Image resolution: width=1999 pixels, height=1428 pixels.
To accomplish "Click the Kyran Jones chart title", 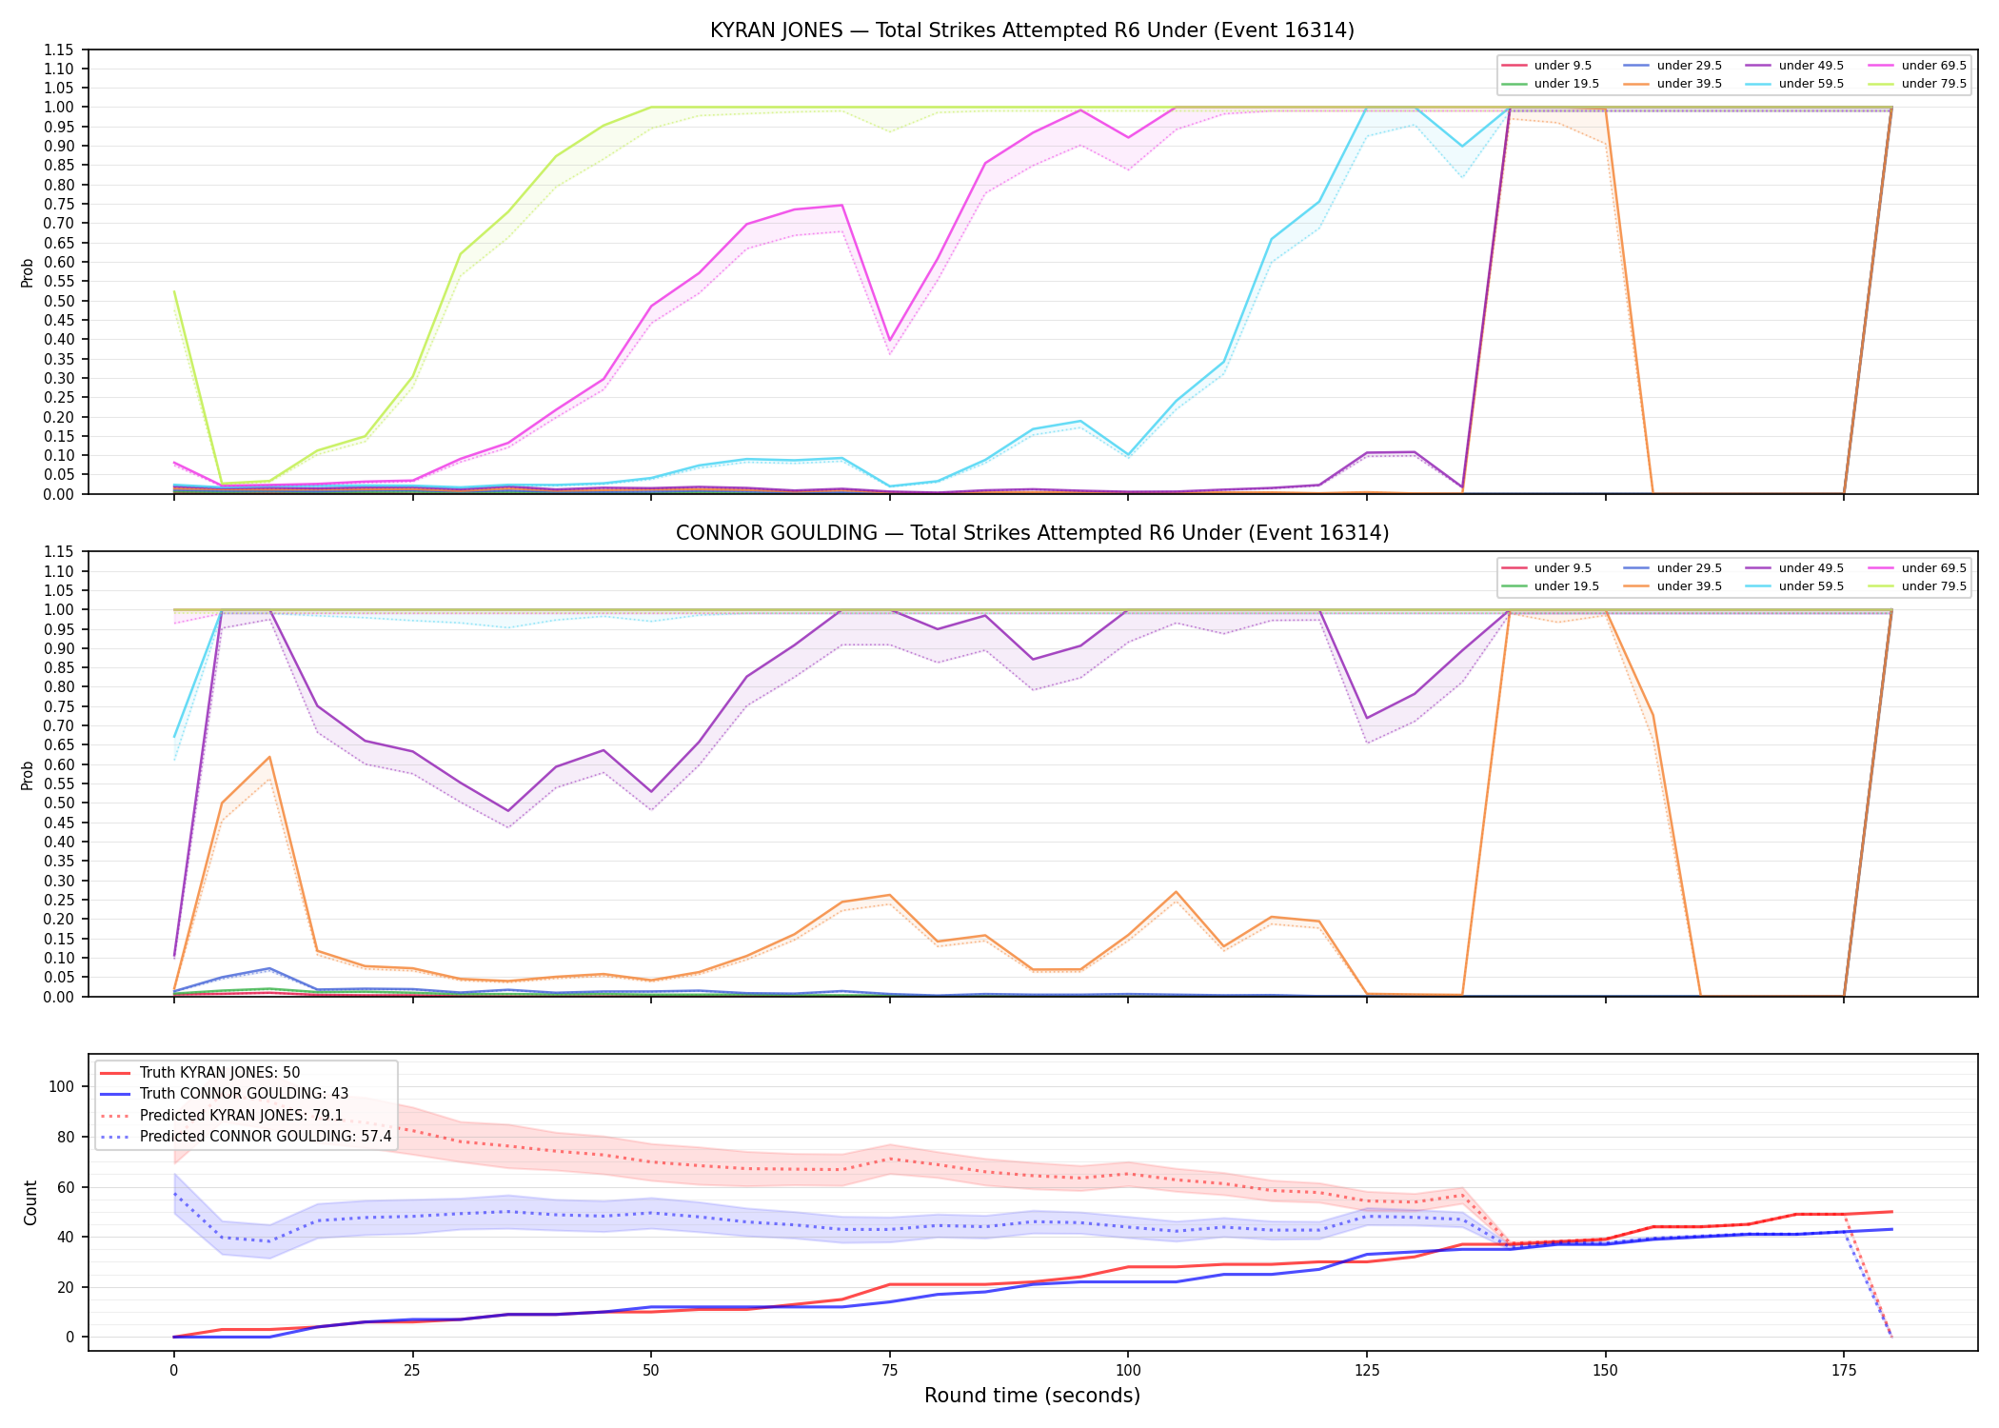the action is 1032,30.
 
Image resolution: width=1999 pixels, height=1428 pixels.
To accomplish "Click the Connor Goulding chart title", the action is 1032,533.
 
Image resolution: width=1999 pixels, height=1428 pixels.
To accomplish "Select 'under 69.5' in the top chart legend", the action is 1933,66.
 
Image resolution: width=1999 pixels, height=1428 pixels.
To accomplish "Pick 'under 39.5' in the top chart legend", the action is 1689,84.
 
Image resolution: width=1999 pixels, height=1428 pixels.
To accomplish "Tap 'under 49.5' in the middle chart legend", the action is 1811,568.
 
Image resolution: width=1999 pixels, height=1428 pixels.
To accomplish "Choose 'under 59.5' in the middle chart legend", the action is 1811,586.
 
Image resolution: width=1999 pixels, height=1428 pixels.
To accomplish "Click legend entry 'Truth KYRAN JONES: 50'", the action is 219,1073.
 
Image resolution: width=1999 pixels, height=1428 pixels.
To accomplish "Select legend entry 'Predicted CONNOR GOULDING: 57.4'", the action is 266,1137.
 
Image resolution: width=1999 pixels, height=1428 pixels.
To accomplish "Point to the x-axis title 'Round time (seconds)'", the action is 1032,1396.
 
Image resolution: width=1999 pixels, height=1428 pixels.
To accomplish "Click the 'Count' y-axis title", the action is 30,1202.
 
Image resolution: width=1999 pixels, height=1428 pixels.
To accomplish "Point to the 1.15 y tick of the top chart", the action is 59,50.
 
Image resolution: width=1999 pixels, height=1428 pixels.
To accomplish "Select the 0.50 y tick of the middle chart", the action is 59,803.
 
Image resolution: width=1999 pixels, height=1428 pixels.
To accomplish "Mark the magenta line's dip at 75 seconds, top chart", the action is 889,341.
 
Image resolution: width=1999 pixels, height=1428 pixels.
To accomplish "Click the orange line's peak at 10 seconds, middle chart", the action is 269,757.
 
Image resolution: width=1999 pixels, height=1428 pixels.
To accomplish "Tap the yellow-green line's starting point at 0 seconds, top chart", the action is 174,291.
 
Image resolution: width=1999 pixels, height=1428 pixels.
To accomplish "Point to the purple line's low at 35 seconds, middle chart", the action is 508,811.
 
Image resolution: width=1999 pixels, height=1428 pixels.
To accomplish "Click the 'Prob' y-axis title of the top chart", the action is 28,272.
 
